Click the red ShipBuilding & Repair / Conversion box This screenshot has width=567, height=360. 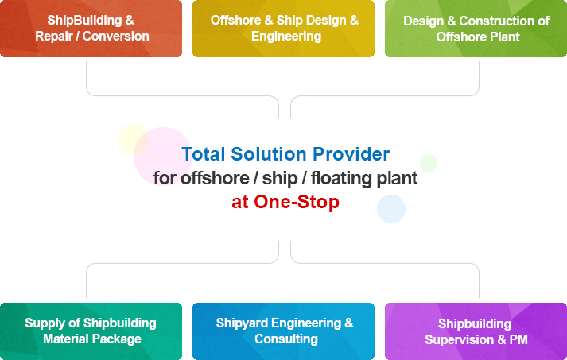click(x=91, y=29)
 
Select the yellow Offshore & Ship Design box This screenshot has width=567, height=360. click(x=283, y=29)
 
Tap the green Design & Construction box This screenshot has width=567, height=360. click(x=476, y=29)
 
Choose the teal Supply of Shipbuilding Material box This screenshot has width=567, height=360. click(x=91, y=331)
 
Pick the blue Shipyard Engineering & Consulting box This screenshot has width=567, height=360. click(x=283, y=331)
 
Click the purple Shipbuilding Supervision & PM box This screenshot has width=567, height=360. click(x=476, y=331)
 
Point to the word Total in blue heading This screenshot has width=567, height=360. click(x=204, y=154)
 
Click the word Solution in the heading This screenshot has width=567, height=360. click(x=269, y=154)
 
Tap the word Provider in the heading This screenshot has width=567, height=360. click(x=351, y=154)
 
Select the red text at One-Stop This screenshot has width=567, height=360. click(x=285, y=202)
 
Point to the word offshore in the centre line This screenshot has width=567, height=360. click(x=215, y=178)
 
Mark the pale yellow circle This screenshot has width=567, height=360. click(x=132, y=138)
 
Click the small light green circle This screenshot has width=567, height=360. click(x=429, y=163)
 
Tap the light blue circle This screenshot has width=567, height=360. click(x=391, y=209)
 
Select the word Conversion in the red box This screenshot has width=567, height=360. click(x=116, y=36)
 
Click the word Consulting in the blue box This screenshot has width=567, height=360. click(x=286, y=339)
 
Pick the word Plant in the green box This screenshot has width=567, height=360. click(x=507, y=37)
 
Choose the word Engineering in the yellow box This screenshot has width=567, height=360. click(x=286, y=37)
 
